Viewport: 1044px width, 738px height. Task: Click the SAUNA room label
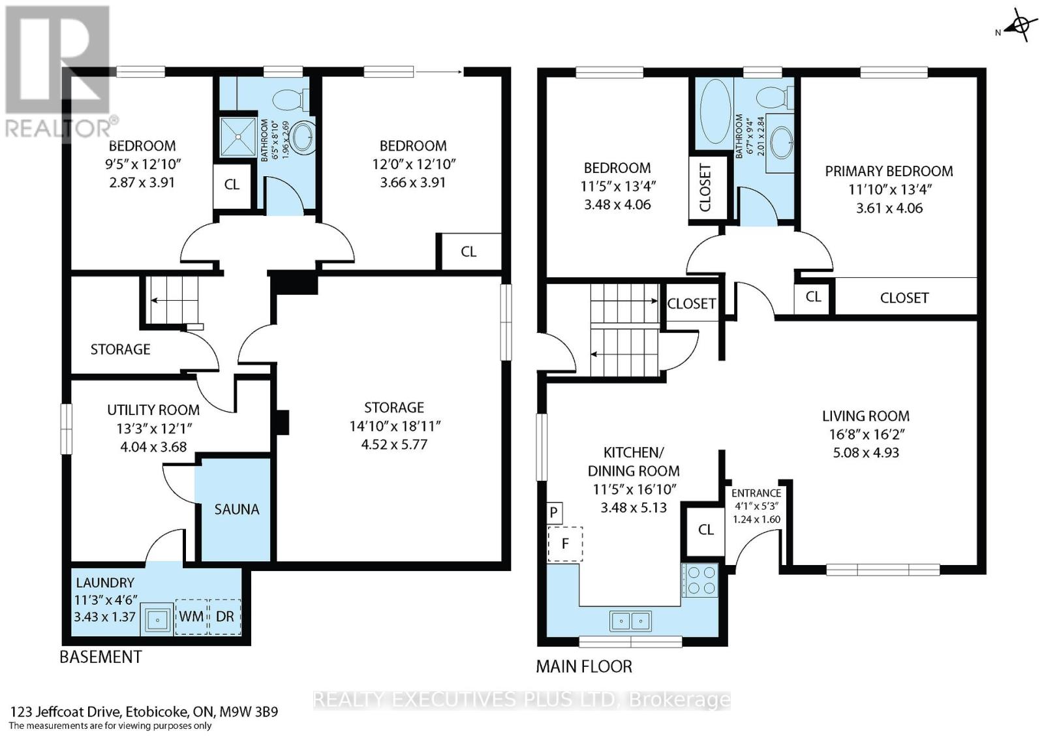[x=236, y=509]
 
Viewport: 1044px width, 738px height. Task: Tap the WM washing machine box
[x=191, y=616]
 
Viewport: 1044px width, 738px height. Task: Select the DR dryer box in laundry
[x=224, y=616]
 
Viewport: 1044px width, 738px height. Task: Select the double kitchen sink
[x=630, y=620]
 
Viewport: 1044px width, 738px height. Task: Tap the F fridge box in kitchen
[x=565, y=544]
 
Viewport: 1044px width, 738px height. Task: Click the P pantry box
[x=553, y=512]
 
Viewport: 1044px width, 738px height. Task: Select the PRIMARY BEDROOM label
[x=889, y=171]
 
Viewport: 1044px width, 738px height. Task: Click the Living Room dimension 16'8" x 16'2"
[x=865, y=434]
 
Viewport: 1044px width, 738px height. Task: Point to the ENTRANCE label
[x=756, y=493]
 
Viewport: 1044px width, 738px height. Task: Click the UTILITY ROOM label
[x=153, y=410]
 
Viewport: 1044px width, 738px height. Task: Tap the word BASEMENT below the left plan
[x=100, y=656]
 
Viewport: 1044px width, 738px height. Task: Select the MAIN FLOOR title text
[x=583, y=666]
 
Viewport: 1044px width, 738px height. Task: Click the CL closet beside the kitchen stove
[x=705, y=529]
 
